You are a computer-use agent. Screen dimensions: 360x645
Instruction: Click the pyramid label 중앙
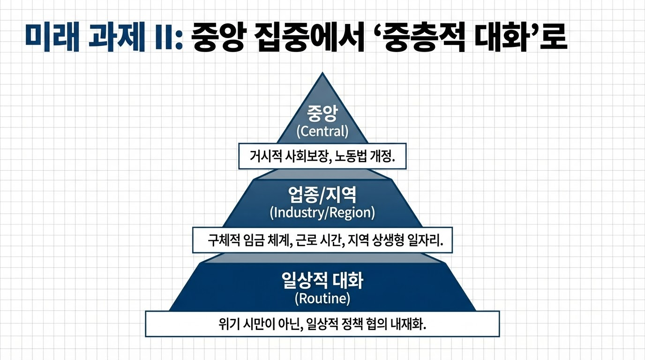(x=322, y=114)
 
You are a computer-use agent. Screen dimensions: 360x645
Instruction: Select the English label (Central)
(x=322, y=131)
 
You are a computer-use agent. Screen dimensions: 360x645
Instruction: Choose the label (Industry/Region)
(x=322, y=212)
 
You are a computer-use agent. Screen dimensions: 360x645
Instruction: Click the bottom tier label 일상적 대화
(x=322, y=281)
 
